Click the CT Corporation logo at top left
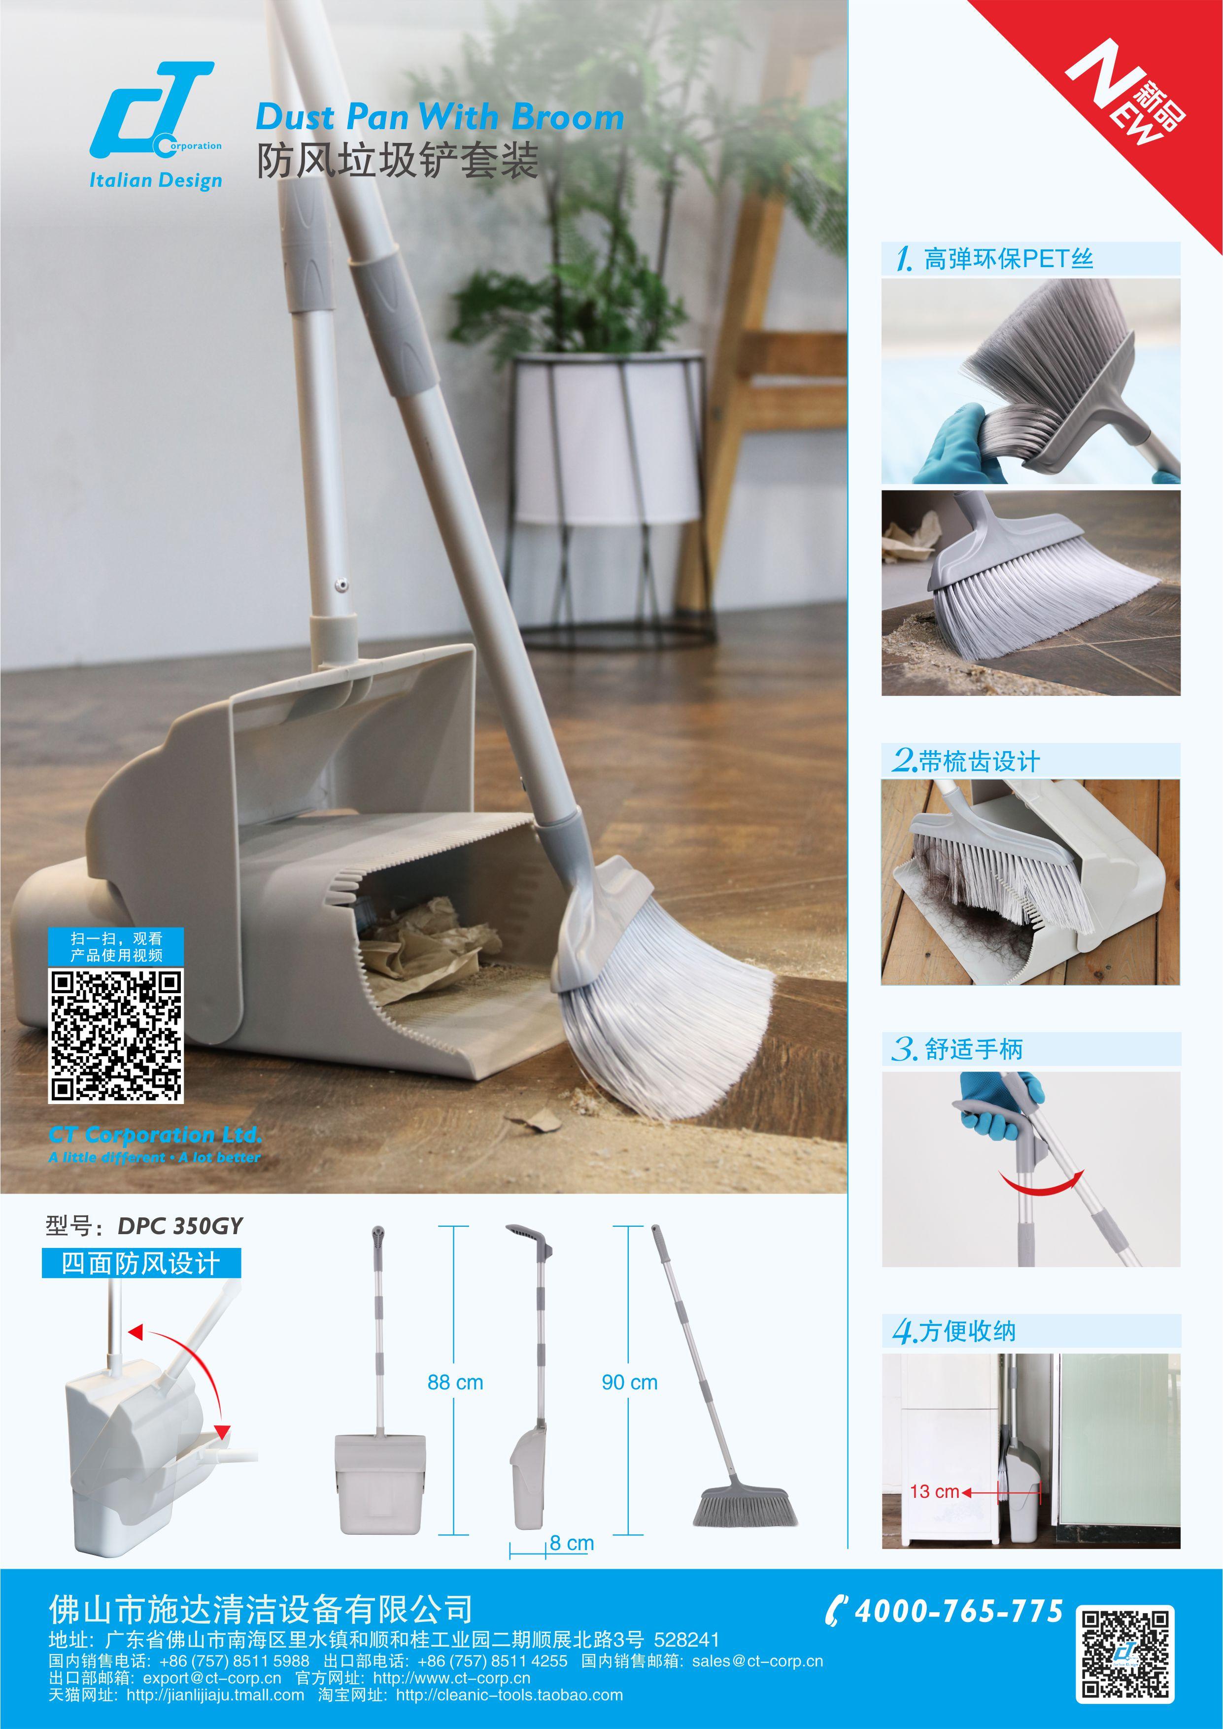156,111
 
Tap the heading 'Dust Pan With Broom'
440,117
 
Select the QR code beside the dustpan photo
116,1036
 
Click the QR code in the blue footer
1124,1652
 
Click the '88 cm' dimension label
455,1382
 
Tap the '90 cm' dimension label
630,1382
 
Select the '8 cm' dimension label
572,1558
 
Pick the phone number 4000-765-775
958,1610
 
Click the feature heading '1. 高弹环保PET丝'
994,259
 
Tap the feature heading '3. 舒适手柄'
957,1049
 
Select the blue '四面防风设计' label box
141,1263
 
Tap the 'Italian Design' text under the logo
156,181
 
